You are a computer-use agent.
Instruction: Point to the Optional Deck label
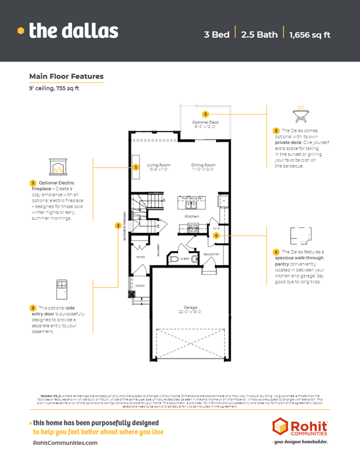pos(205,122)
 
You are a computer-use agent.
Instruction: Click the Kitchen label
pos(192,216)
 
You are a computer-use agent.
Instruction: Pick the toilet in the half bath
pos(174,259)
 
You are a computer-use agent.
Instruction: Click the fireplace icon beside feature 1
pos(59,166)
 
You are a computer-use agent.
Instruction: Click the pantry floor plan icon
pos(299,235)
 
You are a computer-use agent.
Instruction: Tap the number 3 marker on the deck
pos(206,114)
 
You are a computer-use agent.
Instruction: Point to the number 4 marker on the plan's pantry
pos(216,235)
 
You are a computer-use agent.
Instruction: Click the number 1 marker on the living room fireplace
pos(136,167)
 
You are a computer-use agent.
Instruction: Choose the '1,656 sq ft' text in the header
pos(309,34)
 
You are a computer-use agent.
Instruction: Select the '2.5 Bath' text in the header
pos(259,34)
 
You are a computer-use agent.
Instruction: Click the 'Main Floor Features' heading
pos(66,77)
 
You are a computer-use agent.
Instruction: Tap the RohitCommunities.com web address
pos(65,443)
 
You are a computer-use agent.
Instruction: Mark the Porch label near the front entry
pos(139,285)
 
